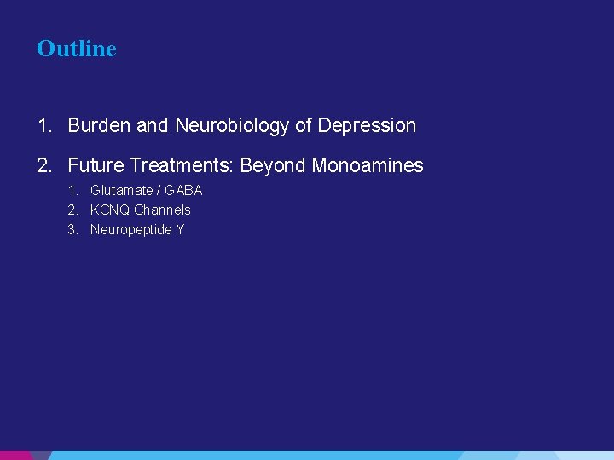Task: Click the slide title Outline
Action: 77,49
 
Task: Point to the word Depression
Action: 367,126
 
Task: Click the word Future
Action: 96,165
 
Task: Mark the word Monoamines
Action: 368,165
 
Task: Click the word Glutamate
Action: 122,191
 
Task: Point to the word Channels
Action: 162,210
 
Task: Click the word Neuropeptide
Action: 131,230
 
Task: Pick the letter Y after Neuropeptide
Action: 180,230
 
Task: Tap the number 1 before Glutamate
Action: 72,191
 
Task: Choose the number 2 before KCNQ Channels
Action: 72,210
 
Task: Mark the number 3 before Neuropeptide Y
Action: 72,230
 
